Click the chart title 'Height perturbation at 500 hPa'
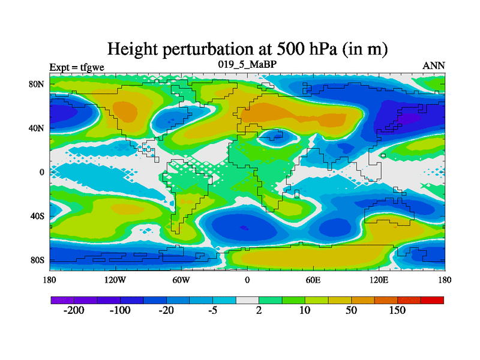coord(247,49)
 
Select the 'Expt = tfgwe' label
coord(77,67)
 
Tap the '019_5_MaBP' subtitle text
coord(247,64)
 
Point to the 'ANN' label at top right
coord(434,65)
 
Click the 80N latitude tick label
coord(37,84)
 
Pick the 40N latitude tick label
coord(37,128)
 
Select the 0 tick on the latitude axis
coord(43,172)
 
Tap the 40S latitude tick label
coord(38,216)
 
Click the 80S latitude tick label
coord(38,260)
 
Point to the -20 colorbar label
coord(166,311)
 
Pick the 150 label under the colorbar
coord(397,311)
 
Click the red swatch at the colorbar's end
coord(432,300)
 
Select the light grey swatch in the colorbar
coord(247,300)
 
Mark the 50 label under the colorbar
coord(351,311)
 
